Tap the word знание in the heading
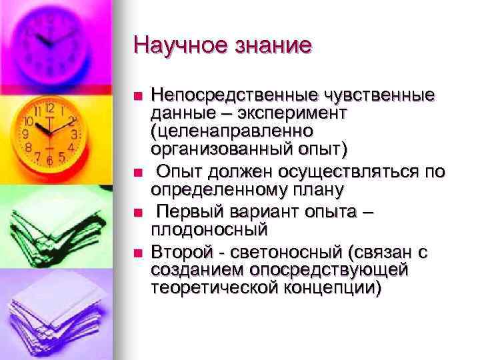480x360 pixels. (x=270, y=45)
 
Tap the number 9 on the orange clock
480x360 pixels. (x=26, y=133)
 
